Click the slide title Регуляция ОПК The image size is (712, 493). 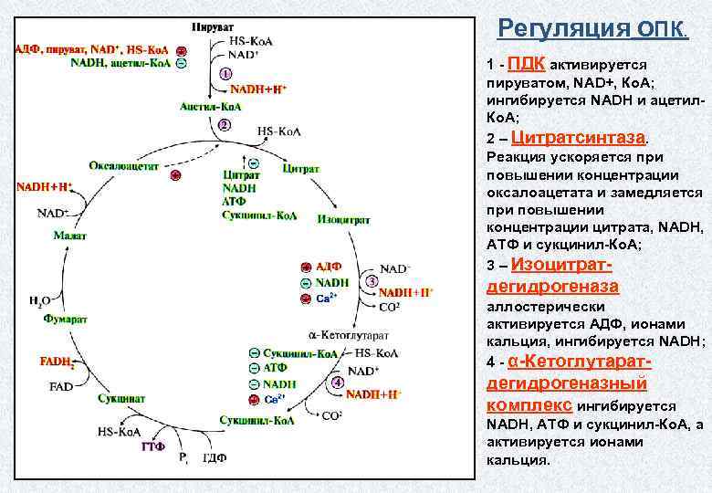593,29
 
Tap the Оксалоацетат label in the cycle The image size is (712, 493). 124,165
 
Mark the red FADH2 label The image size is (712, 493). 57,362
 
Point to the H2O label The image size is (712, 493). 39,299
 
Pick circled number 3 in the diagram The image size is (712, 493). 371,281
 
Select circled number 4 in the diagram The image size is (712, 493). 337,383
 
